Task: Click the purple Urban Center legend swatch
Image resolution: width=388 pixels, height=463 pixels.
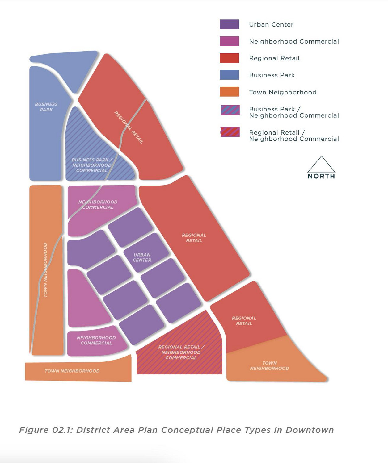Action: click(x=229, y=24)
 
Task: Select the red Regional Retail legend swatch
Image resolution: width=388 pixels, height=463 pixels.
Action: click(x=229, y=58)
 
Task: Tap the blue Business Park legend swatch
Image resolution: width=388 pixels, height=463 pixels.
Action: click(x=229, y=75)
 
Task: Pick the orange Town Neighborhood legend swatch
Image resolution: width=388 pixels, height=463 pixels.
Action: click(x=229, y=92)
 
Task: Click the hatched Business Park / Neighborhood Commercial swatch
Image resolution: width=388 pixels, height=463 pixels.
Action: click(x=230, y=110)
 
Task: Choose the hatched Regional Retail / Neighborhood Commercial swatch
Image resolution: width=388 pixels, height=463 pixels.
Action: click(x=230, y=132)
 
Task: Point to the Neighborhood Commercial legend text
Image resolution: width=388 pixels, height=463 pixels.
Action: click(x=294, y=41)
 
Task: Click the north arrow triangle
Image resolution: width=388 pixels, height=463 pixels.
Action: click(x=321, y=165)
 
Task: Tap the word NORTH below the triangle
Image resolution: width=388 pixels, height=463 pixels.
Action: click(x=321, y=176)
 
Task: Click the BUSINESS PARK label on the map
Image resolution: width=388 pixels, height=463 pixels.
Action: click(x=46, y=107)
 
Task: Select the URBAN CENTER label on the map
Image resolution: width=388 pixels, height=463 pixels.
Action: click(x=142, y=257)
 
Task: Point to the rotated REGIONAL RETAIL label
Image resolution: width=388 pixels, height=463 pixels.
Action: click(x=129, y=127)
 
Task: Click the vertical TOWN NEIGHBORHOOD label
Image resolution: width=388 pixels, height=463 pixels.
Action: click(x=45, y=270)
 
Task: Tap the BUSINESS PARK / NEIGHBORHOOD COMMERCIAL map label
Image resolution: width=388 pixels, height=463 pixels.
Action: click(x=92, y=165)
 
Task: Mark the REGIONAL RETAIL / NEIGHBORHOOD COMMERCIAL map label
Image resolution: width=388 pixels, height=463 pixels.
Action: click(x=181, y=352)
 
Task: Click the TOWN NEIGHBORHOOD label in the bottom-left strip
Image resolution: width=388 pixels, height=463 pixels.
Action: click(x=72, y=371)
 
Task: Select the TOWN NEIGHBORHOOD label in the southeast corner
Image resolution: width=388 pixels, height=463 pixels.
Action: click(x=269, y=365)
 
